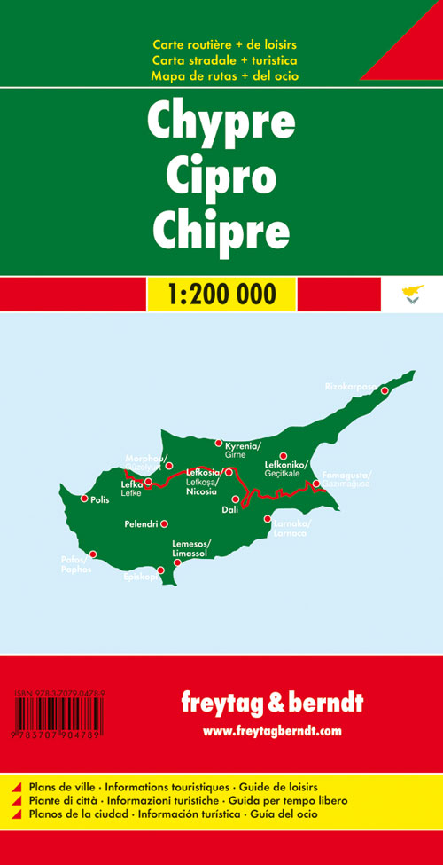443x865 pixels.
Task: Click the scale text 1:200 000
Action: pos(221,294)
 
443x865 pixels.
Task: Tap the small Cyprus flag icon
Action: pos(412,294)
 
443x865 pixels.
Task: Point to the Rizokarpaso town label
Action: pos(352,387)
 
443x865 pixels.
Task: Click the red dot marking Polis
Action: pos(84,499)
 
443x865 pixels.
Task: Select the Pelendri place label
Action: pos(144,524)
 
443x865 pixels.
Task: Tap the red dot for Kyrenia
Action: pos(219,443)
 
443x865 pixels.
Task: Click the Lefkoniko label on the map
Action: pos(285,465)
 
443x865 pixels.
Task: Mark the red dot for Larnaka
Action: pos(268,519)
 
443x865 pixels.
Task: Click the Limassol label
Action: pos(190,553)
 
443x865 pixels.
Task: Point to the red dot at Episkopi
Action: pos(160,570)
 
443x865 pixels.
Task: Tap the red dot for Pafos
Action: pos(92,554)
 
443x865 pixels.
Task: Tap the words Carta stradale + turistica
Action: pos(224,60)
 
